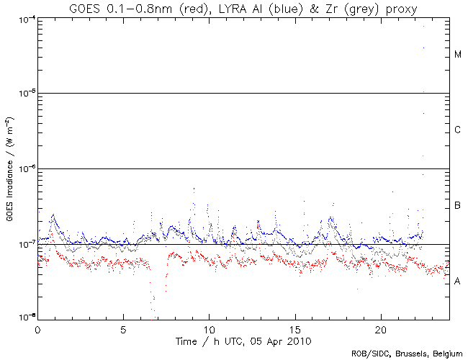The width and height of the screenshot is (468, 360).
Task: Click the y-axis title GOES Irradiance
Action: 9,166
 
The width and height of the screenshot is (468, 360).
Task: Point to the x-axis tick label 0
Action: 37,328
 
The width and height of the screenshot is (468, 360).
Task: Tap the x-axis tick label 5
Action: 123,328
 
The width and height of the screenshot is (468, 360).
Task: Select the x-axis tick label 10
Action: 209,328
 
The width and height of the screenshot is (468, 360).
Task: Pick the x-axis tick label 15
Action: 294,328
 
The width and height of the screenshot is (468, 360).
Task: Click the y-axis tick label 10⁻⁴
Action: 25,18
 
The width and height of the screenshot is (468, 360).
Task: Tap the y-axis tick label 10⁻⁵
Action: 25,94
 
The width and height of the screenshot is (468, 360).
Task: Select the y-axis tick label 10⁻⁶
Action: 25,168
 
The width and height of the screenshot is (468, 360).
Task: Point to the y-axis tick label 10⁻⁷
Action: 25,244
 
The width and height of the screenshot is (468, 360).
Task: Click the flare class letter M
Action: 458,55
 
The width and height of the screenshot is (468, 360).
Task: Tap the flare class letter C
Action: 458,130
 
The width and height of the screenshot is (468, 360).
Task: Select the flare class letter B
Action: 458,206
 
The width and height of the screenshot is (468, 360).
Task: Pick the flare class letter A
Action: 458,282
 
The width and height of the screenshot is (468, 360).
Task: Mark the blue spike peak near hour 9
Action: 194,189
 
